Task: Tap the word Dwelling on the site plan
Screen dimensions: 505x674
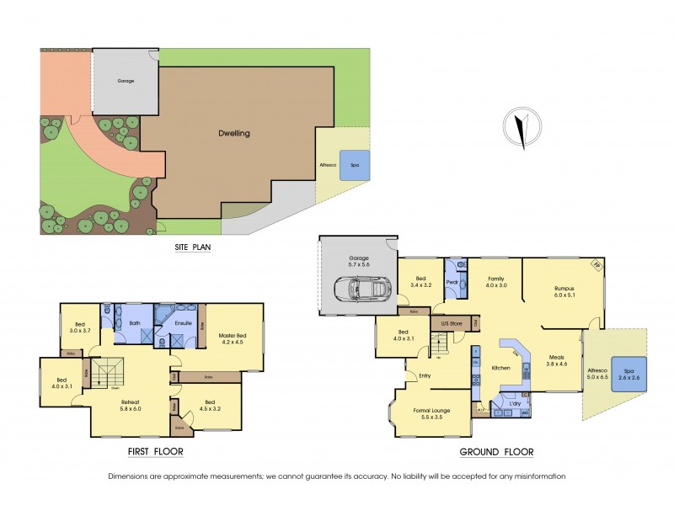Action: [234, 133]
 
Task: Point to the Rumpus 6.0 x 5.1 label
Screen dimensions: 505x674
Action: [564, 291]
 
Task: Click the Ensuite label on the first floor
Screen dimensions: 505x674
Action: [183, 322]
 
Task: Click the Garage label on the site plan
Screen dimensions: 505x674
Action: [126, 82]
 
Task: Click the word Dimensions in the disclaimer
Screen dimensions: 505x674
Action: [131, 476]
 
